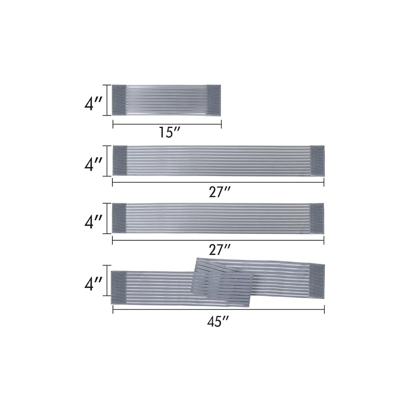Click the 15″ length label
coord(169,132)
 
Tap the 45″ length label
coord(218,322)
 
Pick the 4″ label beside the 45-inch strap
coord(93,284)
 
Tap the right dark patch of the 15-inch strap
coord(214,100)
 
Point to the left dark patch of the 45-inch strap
coord(119,287)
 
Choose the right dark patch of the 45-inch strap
coord(317,282)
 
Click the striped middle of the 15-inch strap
coord(166,100)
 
